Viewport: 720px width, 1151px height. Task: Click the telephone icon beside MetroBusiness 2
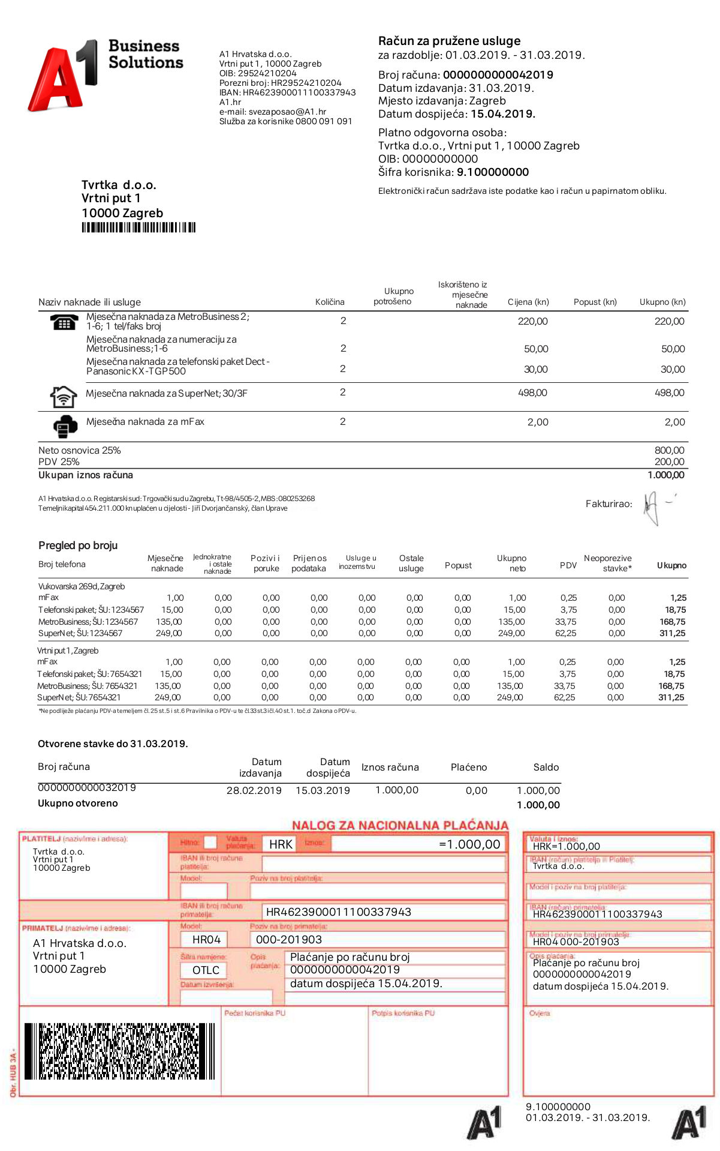click(64, 322)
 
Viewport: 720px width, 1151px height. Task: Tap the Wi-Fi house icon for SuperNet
click(63, 397)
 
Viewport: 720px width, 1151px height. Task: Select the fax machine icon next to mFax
click(65, 425)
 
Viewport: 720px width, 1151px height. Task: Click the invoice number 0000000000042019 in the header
click(498, 75)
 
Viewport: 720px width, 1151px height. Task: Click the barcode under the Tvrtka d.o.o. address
click(138, 227)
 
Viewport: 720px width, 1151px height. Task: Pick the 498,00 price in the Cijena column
click(532, 392)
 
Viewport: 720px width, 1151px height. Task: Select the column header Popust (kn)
click(595, 302)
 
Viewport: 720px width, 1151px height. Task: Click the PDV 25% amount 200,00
click(669, 461)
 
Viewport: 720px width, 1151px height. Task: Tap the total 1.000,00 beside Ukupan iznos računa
click(665, 475)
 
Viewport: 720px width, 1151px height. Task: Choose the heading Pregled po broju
click(78, 545)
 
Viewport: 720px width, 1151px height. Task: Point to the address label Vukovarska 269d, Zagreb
click(82, 586)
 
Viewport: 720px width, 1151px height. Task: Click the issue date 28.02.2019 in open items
click(254, 790)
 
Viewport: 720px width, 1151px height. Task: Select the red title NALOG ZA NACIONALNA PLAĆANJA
click(400, 825)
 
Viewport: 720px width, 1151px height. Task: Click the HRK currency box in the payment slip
click(281, 844)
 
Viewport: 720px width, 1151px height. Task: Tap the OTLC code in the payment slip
click(206, 970)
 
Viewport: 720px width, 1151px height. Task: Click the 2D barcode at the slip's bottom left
click(119, 1051)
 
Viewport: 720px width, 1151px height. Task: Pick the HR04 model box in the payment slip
click(206, 939)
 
